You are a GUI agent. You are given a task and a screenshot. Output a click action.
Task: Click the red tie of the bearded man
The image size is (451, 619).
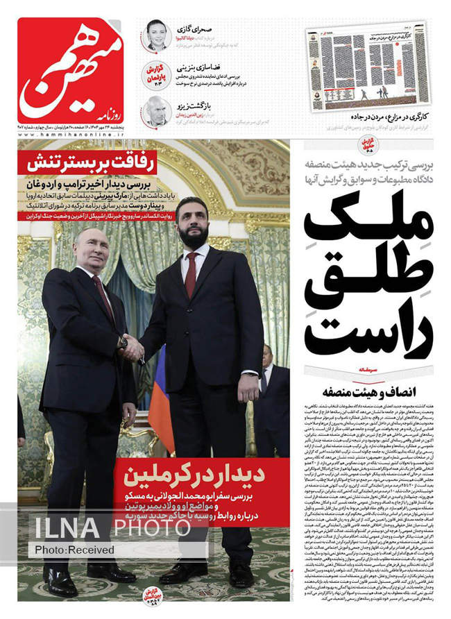click(191, 275)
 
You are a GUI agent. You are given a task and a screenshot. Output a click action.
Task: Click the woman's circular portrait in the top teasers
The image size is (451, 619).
click(157, 35)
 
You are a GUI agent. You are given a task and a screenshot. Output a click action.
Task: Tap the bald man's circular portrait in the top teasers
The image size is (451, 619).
click(155, 110)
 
